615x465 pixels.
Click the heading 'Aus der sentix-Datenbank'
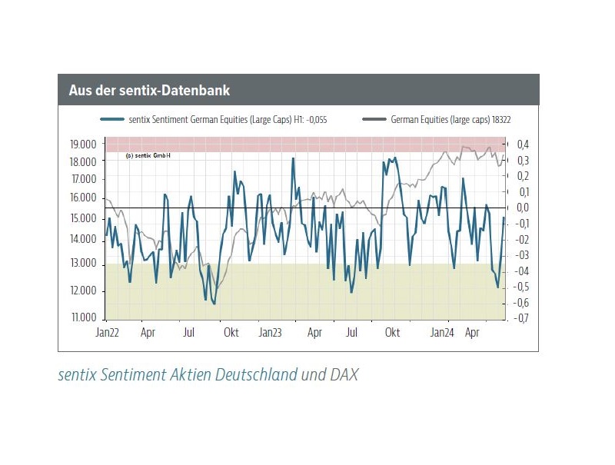149,91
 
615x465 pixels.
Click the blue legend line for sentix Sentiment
112,119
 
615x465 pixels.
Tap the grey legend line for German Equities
374,119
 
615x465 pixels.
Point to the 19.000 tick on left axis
82,144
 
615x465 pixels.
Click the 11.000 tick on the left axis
82,317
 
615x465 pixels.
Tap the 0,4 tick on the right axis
523,144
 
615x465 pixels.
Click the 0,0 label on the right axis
523,208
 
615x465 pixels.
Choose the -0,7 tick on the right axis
522,318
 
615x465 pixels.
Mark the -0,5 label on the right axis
522,287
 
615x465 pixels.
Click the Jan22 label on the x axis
106,334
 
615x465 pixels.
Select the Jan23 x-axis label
270,334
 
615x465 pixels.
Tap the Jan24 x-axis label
441,334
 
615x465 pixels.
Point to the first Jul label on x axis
189,334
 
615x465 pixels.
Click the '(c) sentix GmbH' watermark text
147,155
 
